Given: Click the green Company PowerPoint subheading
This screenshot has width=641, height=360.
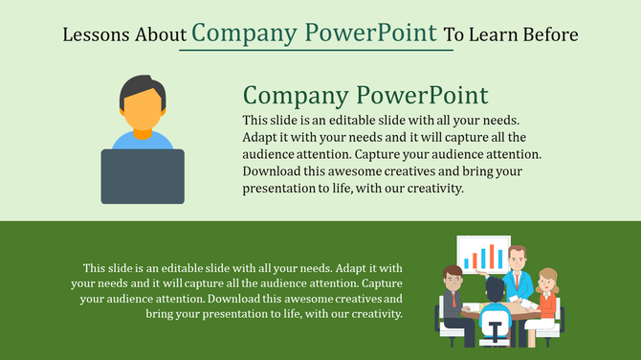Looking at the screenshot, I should coord(365,96).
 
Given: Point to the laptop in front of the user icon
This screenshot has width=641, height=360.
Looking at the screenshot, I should coord(143,176).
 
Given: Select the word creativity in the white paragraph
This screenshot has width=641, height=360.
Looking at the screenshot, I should coord(371,314).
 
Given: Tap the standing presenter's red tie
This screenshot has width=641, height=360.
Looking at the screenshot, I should coord(518,277).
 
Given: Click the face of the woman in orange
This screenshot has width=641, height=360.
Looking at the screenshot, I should coord(547,281).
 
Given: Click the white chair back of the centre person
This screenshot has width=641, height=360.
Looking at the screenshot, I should coord(495,326).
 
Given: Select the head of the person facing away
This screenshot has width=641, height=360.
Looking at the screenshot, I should coord(495,287).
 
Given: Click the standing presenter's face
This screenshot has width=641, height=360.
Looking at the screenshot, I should coord(518,257).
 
